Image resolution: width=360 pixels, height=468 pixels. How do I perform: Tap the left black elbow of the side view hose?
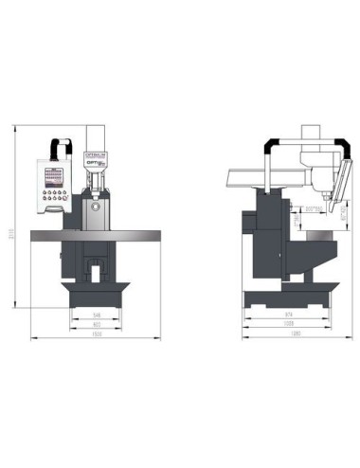click(x=272, y=144)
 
